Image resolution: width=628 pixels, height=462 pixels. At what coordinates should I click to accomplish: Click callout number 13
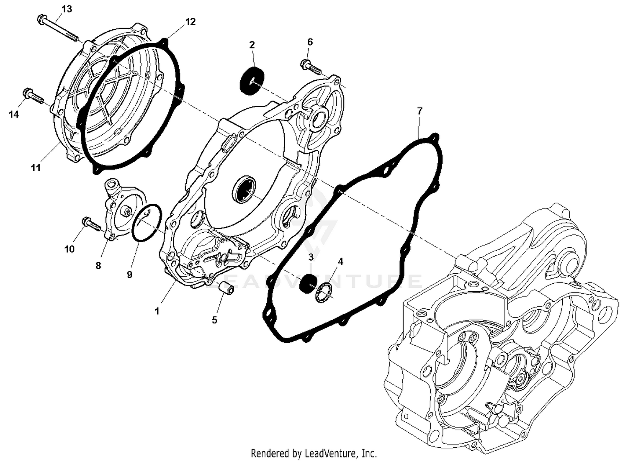[67, 9]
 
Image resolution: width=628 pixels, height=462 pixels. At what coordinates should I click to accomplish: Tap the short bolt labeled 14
[34, 96]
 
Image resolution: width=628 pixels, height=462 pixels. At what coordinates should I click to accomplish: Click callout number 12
[190, 22]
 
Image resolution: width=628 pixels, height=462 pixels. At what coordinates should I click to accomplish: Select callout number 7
[420, 111]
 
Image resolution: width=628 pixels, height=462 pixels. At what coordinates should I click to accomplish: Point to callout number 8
[98, 265]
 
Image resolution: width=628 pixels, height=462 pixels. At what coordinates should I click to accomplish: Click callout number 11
[36, 167]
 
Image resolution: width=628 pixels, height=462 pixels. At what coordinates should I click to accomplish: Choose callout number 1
[157, 311]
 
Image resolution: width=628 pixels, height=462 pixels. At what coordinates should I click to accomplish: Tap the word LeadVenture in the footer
[331, 453]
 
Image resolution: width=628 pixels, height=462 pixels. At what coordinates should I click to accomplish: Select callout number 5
[214, 320]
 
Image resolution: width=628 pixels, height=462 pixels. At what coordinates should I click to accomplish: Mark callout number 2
[252, 45]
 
